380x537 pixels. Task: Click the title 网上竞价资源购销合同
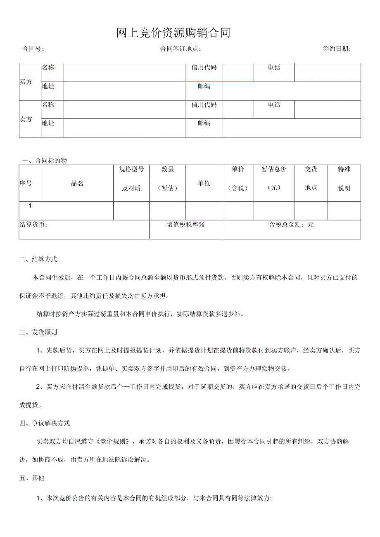tap(173, 33)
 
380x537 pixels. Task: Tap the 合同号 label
tap(33, 49)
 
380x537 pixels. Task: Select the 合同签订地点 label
tap(180, 49)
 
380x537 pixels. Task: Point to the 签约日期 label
tap(337, 49)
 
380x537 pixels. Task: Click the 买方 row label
tap(26, 82)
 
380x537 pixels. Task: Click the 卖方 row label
tap(26, 119)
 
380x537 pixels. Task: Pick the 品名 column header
tap(77, 184)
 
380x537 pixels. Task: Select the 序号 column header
tap(26, 184)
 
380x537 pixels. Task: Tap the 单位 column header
tap(204, 184)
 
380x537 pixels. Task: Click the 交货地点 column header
tap(311, 178)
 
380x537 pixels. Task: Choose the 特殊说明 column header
tap(344, 178)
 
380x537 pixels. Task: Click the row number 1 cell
tap(30, 206)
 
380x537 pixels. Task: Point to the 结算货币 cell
tap(34, 225)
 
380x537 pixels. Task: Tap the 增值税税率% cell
tap(185, 225)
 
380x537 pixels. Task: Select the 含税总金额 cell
tap(291, 225)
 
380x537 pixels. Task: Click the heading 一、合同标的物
tap(44, 161)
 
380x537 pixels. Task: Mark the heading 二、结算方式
tap(38, 260)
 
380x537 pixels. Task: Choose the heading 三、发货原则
tap(38, 332)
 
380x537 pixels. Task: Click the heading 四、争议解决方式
tap(44, 423)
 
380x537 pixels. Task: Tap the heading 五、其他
tap(32, 478)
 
